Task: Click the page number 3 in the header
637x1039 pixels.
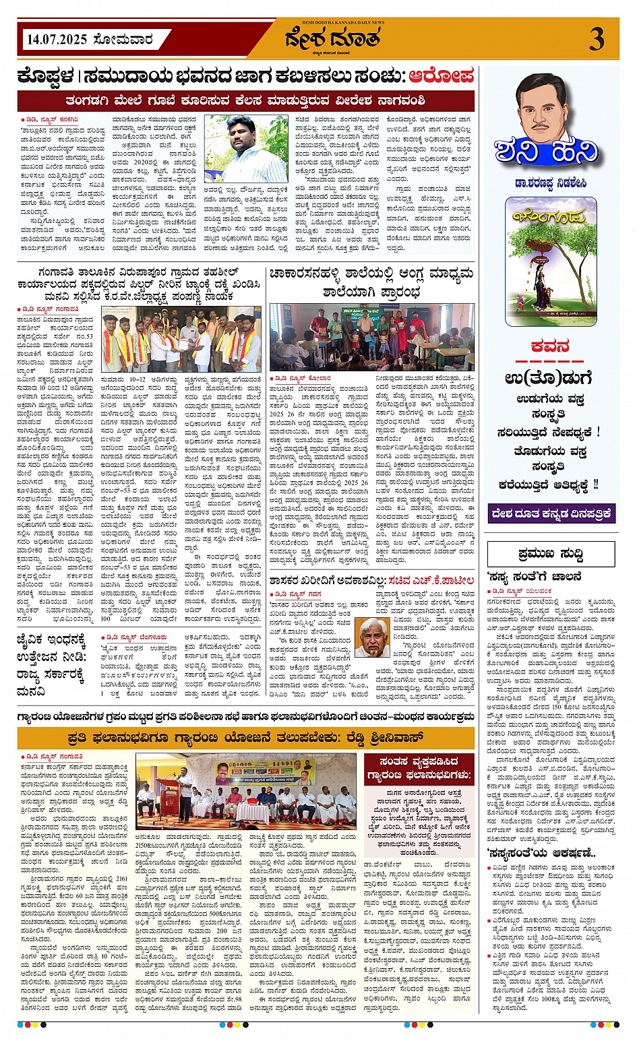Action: pyautogui.click(x=597, y=39)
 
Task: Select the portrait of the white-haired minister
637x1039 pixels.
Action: pyautogui.click(x=372, y=637)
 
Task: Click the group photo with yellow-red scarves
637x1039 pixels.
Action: pyautogui.click(x=181, y=339)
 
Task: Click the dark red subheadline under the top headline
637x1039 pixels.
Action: pyautogui.click(x=246, y=101)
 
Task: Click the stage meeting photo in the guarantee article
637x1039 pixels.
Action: pyautogui.click(x=246, y=791)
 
